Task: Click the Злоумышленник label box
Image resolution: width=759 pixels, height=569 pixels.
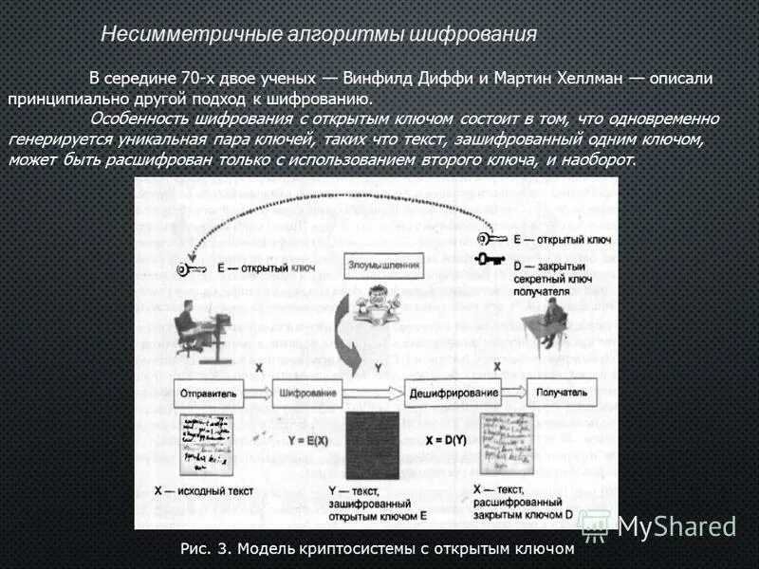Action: coord(384,267)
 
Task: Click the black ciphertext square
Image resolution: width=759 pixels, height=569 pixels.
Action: coord(379,445)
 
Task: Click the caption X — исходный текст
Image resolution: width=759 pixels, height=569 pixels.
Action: coord(204,491)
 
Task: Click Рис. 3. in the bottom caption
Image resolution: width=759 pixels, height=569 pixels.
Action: coord(205,548)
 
